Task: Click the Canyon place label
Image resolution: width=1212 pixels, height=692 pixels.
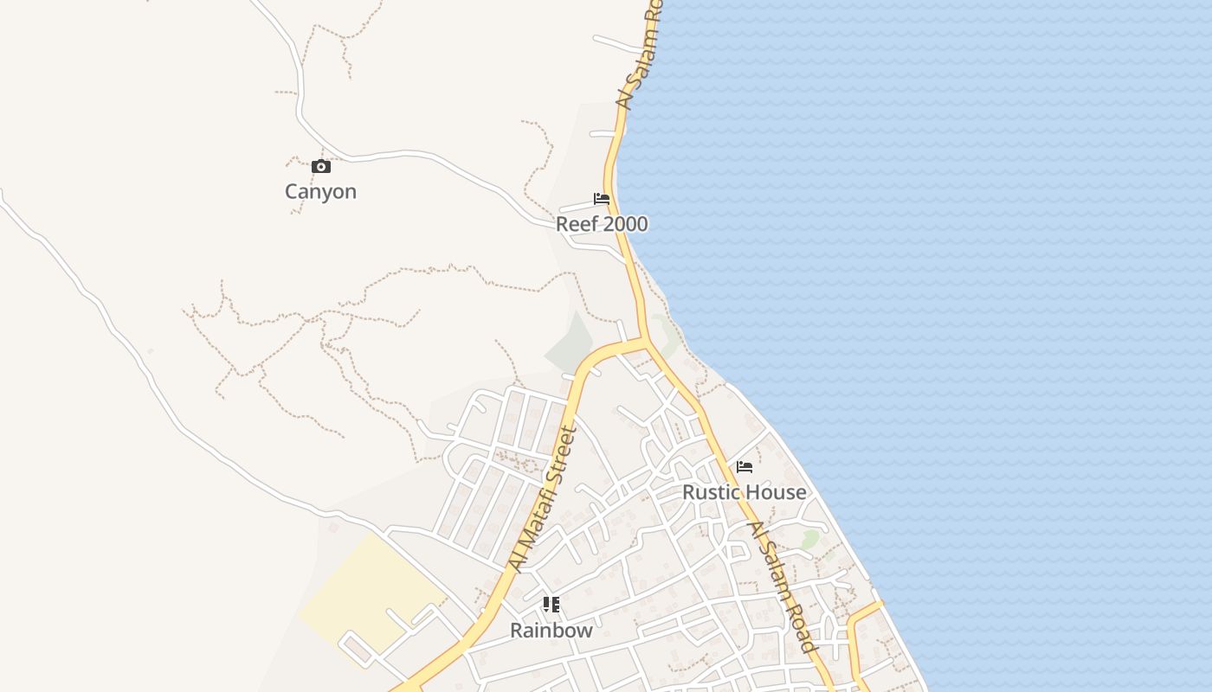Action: click(320, 191)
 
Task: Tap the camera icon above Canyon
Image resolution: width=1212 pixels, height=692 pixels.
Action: click(321, 166)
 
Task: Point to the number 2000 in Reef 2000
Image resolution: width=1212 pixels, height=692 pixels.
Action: click(625, 224)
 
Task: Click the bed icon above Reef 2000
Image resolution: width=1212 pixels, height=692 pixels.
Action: click(602, 200)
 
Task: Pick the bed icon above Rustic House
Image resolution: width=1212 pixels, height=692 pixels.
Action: click(745, 468)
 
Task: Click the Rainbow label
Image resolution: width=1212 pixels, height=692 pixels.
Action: click(551, 631)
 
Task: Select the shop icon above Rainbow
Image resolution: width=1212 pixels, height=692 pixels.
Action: click(551, 605)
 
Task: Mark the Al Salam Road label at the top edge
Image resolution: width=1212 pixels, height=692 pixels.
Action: click(639, 56)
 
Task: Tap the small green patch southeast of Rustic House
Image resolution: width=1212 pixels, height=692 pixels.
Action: click(809, 540)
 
